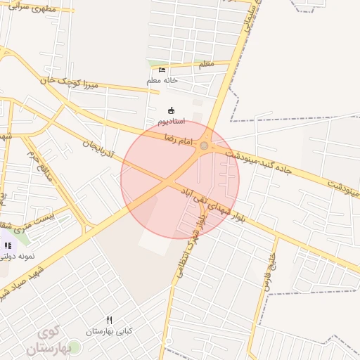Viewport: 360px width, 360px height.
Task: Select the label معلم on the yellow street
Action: pyautogui.click(x=206, y=65)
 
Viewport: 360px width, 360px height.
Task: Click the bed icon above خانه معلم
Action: pyautogui.click(x=162, y=70)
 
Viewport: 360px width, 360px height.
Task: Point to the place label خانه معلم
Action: pyautogui.click(x=162, y=80)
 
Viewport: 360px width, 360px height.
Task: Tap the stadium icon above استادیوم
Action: pyautogui.click(x=170, y=110)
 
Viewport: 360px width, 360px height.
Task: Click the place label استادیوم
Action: pyautogui.click(x=171, y=122)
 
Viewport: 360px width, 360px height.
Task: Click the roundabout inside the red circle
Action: pyautogui.click(x=204, y=146)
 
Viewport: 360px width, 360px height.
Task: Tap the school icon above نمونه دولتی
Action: pyautogui.click(x=8, y=245)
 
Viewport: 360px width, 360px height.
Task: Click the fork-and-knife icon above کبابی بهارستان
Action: pyautogui.click(x=109, y=320)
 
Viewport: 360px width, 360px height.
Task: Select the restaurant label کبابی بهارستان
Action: pyautogui.click(x=109, y=330)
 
